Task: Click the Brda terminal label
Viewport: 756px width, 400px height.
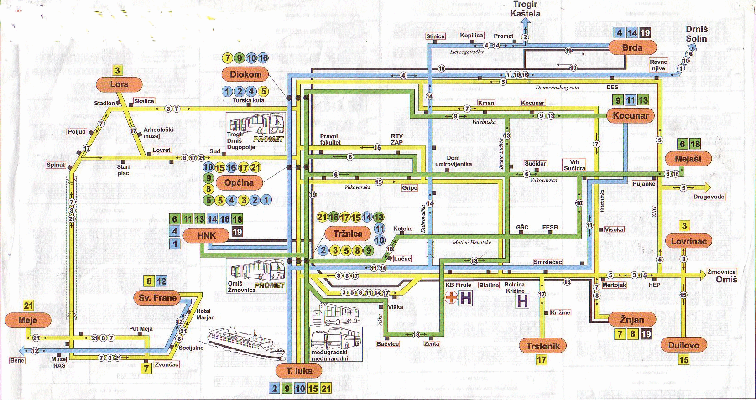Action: [x=632, y=47]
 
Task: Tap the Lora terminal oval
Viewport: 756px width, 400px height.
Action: [x=119, y=84]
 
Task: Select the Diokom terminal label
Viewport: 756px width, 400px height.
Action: [x=245, y=74]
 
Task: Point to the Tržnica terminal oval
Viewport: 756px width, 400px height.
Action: [x=348, y=234]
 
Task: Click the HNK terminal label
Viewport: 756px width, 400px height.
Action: [x=206, y=235]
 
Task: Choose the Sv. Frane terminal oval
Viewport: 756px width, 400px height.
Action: [x=157, y=298]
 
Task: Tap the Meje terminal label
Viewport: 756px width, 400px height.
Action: [x=28, y=320]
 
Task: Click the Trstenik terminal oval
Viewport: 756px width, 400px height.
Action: [x=543, y=346]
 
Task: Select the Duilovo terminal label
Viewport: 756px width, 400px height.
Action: [x=683, y=345]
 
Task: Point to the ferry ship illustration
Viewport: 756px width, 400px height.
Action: [x=240, y=341]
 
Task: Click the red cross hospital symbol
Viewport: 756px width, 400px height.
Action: [x=451, y=298]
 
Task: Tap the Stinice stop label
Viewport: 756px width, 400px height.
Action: [x=435, y=36]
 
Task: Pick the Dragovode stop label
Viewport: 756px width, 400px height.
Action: [x=709, y=197]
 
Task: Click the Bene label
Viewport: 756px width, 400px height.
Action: [x=17, y=360]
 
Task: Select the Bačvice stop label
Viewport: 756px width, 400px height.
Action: [x=388, y=344]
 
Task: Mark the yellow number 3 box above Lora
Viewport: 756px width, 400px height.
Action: [x=117, y=70]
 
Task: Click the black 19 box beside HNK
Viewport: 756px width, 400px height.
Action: [x=237, y=232]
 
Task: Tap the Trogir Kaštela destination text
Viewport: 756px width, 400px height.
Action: [x=525, y=9]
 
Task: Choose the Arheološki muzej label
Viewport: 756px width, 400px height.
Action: [x=158, y=133]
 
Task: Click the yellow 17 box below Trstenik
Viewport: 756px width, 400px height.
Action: [x=542, y=360]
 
